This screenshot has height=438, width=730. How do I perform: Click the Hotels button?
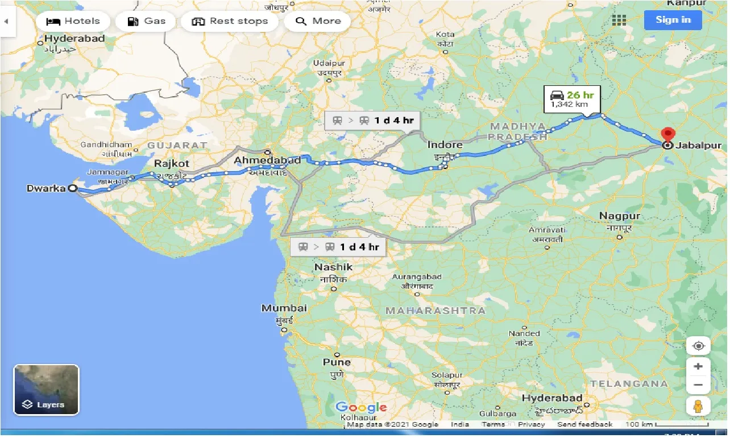click(73, 22)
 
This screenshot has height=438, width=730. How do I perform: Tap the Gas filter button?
click(146, 22)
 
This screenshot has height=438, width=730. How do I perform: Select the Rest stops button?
click(230, 22)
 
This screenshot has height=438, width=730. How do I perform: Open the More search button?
click(318, 22)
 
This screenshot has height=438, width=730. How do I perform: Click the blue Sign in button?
click(673, 20)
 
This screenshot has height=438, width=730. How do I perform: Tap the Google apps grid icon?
click(619, 20)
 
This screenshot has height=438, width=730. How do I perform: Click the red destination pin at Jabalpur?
click(667, 136)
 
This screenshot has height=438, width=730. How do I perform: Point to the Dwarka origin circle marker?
click(73, 189)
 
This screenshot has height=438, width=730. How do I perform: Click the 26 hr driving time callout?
click(571, 99)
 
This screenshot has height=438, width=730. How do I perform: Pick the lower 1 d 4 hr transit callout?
click(338, 247)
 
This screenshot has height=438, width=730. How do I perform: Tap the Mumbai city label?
click(284, 308)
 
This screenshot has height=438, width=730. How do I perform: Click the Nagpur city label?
click(619, 216)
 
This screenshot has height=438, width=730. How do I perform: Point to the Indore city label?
click(445, 145)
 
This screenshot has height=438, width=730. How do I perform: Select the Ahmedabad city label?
click(267, 161)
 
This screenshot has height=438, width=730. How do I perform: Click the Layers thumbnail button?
click(46, 390)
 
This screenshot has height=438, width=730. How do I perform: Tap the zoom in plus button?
click(698, 366)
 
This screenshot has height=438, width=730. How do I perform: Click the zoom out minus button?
click(698, 385)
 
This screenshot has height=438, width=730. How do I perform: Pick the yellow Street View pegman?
click(698, 406)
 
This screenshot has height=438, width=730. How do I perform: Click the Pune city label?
click(337, 362)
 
